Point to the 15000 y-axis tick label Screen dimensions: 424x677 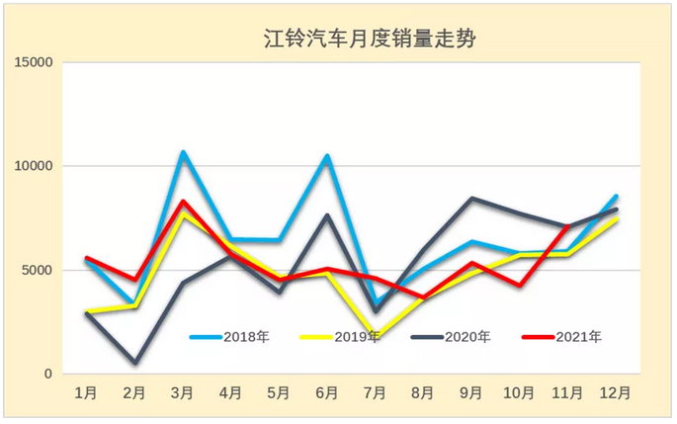[32, 63]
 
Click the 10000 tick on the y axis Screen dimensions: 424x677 [32, 167]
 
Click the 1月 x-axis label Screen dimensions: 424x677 [87, 393]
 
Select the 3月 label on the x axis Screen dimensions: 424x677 [184, 393]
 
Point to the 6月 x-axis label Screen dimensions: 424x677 [328, 393]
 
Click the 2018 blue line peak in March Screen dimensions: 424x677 [184, 153]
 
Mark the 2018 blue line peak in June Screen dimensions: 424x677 [328, 156]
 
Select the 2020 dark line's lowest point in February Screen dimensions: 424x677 [135, 363]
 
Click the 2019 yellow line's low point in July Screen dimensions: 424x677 [377, 337]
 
